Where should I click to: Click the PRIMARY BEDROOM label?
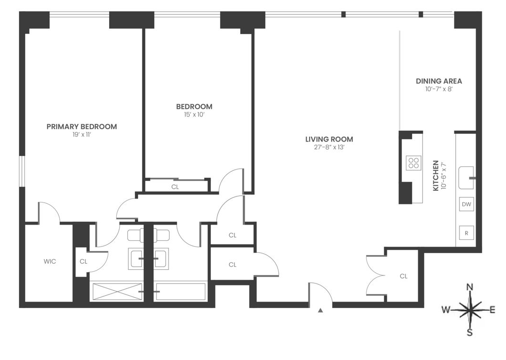82,126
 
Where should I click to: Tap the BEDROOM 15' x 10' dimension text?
194,114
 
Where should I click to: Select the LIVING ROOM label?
329,139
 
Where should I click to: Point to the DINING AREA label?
439,81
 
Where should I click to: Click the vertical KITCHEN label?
436,176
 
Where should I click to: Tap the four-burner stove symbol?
413,163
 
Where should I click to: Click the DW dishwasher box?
467,205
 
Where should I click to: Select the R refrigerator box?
467,233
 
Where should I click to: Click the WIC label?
50,261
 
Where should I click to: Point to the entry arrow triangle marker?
320,311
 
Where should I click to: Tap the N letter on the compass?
470,287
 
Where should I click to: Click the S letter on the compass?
470,332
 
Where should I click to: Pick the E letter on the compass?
492,310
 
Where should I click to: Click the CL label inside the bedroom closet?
175,187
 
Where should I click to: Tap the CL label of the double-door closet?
403,276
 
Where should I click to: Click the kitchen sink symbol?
467,177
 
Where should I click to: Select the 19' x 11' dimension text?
82,134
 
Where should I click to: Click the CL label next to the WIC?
84,261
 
